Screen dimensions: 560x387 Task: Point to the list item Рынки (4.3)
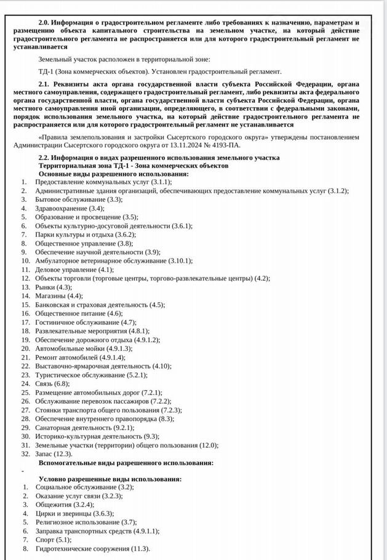(54, 287)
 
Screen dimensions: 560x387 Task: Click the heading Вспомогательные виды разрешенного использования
(126, 462)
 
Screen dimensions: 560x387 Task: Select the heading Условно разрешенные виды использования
(110, 478)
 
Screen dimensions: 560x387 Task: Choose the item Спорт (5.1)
(54, 540)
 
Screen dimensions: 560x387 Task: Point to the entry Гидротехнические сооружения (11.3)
(92, 548)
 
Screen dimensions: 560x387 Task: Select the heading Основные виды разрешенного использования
(113, 174)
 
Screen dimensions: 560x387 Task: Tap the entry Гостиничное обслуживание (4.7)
(86, 322)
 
